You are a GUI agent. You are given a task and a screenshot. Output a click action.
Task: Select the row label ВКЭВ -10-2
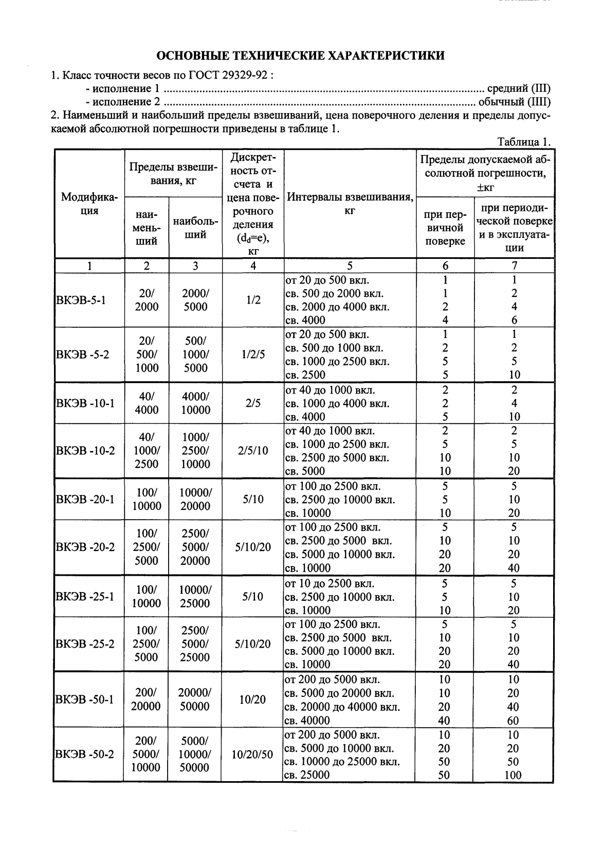(x=85, y=451)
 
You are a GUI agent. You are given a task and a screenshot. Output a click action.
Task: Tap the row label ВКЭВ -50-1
(x=85, y=700)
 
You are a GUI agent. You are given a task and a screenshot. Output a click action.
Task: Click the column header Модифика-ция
(x=89, y=204)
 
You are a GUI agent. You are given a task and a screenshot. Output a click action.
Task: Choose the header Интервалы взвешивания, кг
(x=350, y=204)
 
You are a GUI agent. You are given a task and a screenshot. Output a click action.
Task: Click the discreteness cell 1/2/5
(x=252, y=354)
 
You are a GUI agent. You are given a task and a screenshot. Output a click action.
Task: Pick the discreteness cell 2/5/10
(x=252, y=451)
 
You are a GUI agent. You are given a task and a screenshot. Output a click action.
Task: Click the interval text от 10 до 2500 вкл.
(x=329, y=583)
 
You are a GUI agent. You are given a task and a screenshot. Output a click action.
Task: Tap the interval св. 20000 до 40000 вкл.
(x=342, y=707)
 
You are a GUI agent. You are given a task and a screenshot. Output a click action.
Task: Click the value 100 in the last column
(x=513, y=775)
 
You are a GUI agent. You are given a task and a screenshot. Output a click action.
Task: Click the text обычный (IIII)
(x=515, y=102)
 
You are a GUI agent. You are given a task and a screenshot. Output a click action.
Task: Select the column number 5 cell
(x=350, y=266)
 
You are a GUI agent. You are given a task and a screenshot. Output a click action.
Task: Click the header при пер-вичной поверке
(x=445, y=228)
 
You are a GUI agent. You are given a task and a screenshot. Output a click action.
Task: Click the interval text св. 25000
(x=307, y=775)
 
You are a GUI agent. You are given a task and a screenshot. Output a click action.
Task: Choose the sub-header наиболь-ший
(x=195, y=228)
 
